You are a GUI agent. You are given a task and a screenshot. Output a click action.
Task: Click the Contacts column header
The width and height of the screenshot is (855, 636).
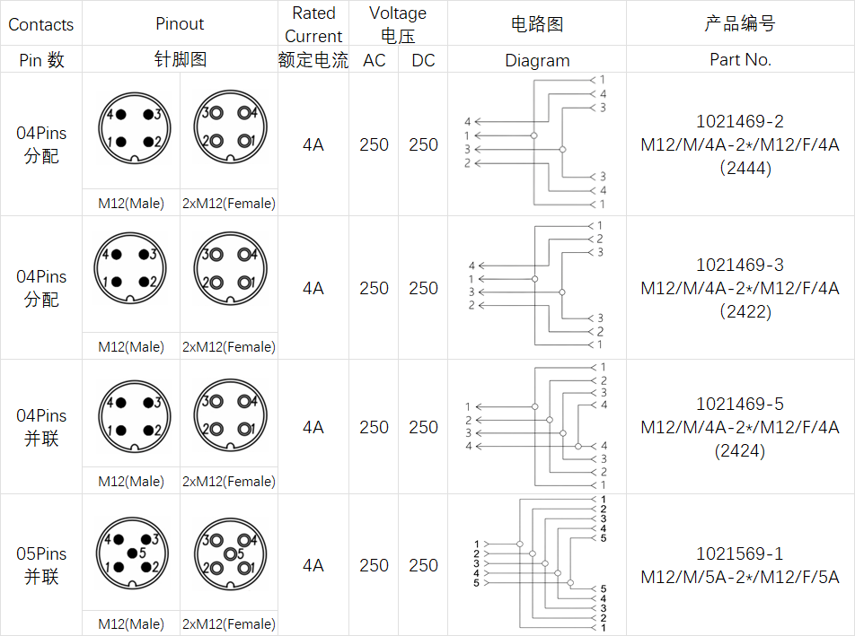tap(40, 24)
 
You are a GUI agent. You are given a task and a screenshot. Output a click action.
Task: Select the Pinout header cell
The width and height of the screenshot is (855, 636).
tap(180, 24)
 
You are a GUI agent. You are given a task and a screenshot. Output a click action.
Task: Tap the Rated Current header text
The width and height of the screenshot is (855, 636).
tap(313, 24)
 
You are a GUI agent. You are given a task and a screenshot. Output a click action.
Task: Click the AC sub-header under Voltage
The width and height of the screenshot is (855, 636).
tap(374, 60)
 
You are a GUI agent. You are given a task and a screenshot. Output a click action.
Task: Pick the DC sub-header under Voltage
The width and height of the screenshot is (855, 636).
tap(423, 60)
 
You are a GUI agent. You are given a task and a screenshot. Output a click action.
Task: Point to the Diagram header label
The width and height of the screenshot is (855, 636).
tap(537, 60)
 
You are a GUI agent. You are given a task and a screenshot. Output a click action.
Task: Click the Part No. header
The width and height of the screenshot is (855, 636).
tap(740, 60)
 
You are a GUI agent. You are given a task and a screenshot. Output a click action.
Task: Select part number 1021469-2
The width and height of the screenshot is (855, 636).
tap(740, 121)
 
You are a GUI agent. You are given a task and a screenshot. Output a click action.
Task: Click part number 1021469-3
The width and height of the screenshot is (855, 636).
tap(740, 265)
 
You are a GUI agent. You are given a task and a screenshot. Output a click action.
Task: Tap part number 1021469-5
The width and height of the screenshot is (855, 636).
tap(740, 405)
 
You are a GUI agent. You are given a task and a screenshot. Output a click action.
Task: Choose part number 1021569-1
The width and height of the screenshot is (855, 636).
tap(740, 554)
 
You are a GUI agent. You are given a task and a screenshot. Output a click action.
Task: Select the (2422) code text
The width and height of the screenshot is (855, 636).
tap(740, 311)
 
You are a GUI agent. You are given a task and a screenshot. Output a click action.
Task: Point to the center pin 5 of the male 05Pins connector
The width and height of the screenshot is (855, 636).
tap(133, 553)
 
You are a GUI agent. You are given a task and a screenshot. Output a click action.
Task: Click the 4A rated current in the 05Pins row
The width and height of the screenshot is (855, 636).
tap(313, 565)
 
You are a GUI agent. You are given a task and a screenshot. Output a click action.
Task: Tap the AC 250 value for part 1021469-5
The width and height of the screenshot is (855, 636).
tap(374, 427)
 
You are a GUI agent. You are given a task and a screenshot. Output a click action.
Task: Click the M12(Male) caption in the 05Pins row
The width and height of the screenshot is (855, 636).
tap(131, 624)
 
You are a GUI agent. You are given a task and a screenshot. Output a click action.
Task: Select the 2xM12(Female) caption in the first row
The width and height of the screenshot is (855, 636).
tap(229, 204)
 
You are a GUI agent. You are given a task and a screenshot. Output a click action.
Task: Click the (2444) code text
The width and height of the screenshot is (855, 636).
tap(740, 168)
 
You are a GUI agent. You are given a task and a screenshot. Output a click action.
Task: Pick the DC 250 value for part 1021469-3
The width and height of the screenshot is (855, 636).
tap(423, 288)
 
